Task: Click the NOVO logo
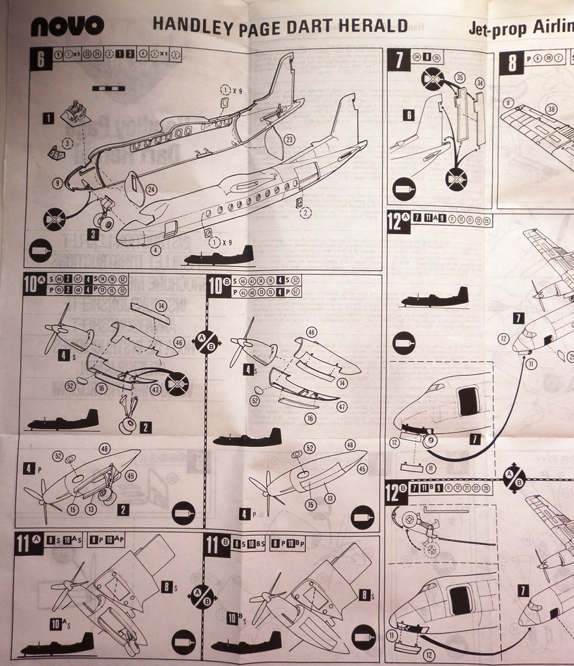[x=67, y=26]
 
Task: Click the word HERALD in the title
[x=379, y=25]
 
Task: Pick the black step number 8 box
[x=512, y=63]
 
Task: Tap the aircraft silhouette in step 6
[x=219, y=256]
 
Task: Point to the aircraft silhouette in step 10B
[x=247, y=438]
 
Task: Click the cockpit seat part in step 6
[x=75, y=114]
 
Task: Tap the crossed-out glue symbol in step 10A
[x=176, y=383]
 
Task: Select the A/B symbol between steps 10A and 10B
[x=206, y=342]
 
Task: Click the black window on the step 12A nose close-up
[x=468, y=401]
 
